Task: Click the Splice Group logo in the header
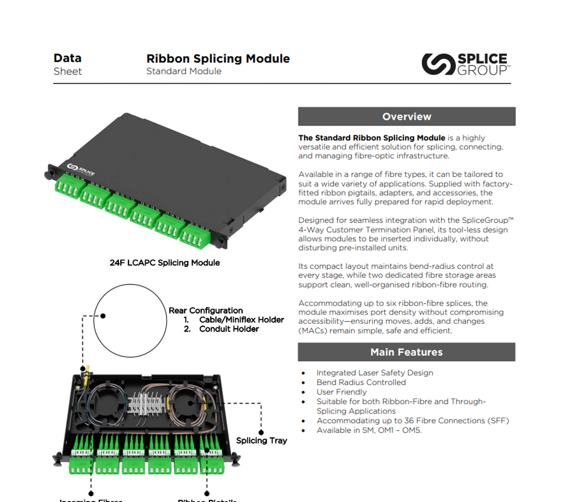(x=465, y=64)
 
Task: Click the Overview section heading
(x=406, y=117)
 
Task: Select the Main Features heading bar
(x=406, y=352)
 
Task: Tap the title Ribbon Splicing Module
(x=218, y=59)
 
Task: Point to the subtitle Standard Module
(x=184, y=71)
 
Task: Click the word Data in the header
(x=68, y=58)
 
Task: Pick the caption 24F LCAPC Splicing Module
(x=165, y=263)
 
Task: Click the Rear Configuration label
(x=205, y=311)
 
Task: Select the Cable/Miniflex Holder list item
(x=241, y=320)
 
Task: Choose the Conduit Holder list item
(x=229, y=329)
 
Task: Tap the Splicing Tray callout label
(x=261, y=441)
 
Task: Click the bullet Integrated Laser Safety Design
(x=374, y=373)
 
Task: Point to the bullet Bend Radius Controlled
(x=361, y=382)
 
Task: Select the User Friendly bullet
(x=341, y=392)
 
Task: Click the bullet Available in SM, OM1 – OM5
(x=369, y=430)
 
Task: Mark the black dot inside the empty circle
(x=103, y=316)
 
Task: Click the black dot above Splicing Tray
(x=261, y=432)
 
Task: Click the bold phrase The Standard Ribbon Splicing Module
(x=371, y=138)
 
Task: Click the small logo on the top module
(x=81, y=169)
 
